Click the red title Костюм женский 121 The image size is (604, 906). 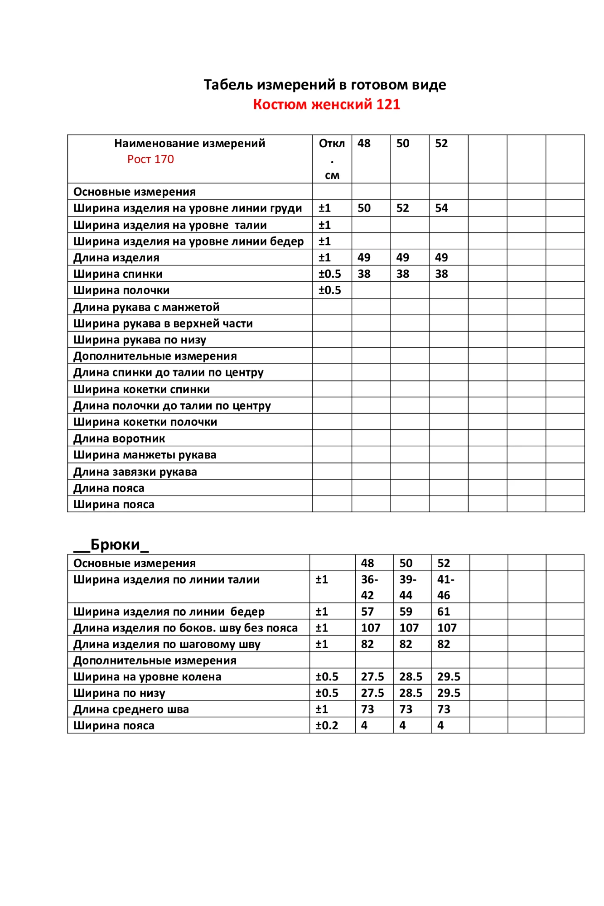tap(326, 105)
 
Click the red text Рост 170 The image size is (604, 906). tap(150, 159)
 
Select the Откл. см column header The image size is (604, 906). tap(332, 159)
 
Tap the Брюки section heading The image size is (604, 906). tap(111, 544)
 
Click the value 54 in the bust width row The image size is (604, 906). tap(441, 208)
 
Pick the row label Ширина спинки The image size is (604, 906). tap(118, 274)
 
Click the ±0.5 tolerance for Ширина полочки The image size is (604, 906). tap(329, 290)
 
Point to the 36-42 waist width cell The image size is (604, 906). tap(369, 587)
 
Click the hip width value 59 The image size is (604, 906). tap(406, 612)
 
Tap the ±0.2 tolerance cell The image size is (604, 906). tap(327, 725)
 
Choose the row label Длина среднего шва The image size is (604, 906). tap(131, 709)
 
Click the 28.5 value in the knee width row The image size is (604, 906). tap(411, 677)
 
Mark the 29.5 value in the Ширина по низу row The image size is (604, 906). tap(449, 693)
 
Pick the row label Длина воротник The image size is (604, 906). tap(119, 439)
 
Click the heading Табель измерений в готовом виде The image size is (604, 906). tap(324, 85)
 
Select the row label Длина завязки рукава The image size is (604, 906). tap(135, 472)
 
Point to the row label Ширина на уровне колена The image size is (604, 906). tap(147, 677)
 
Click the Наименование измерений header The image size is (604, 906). tap(189, 144)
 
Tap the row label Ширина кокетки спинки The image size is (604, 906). tap(141, 390)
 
